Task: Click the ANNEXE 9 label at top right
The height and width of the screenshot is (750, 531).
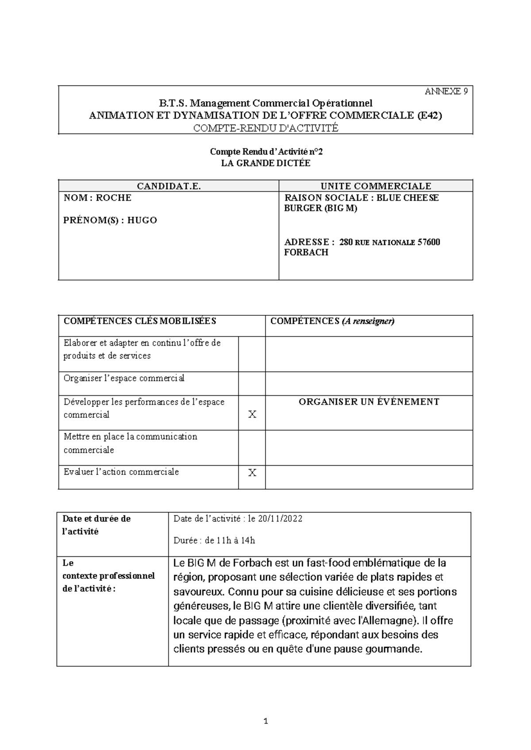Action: tap(446, 92)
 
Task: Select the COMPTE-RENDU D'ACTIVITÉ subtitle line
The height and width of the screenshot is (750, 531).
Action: tap(265, 128)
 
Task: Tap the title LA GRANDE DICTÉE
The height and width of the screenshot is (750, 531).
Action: tap(265, 163)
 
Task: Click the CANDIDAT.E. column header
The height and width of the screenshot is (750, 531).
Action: tap(169, 186)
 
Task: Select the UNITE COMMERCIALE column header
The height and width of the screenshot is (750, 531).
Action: tap(376, 186)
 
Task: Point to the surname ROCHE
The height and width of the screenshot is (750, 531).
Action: tap(114, 198)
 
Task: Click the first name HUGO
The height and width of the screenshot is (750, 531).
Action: tap(142, 220)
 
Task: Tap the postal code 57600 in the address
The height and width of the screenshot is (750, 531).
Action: tap(429, 242)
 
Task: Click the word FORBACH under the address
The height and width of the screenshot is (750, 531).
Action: tap(306, 253)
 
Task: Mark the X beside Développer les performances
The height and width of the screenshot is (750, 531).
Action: tap(252, 414)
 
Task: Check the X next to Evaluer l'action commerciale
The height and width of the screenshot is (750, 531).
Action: tap(252, 473)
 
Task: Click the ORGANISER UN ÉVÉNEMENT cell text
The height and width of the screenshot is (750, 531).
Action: tap(369, 402)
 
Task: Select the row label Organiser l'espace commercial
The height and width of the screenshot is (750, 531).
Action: tap(124, 379)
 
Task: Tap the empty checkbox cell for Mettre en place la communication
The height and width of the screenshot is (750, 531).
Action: tap(252, 448)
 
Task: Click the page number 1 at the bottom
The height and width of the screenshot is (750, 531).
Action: tap(265, 722)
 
